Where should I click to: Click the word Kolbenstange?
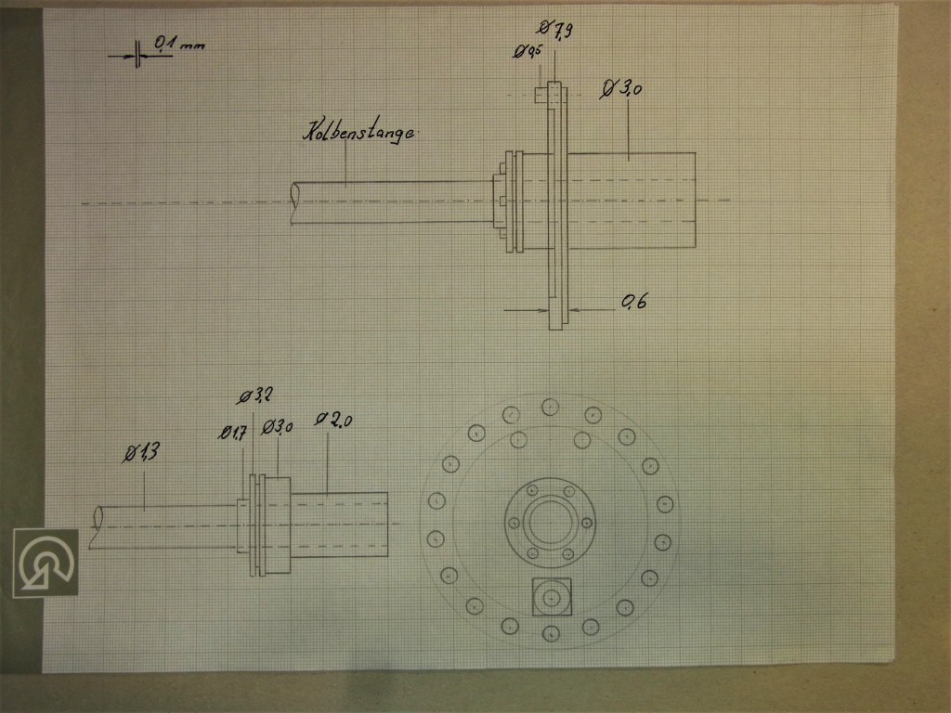click(358, 133)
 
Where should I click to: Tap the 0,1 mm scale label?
click(178, 44)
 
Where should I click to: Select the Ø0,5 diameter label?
click(528, 52)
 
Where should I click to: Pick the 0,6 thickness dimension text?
click(634, 301)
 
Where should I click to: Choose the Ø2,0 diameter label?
click(334, 420)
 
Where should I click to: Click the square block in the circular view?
click(552, 595)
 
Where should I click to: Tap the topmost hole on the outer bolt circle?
click(551, 407)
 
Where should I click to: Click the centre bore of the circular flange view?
click(551, 520)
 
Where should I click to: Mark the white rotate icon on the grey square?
click(46, 563)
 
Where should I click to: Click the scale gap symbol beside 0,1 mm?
click(137, 55)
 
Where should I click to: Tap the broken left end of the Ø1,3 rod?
click(95, 526)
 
